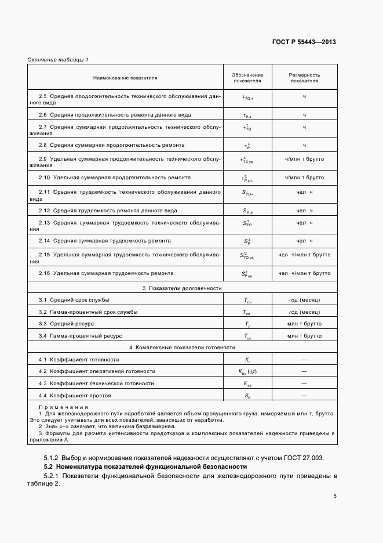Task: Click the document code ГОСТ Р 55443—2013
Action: tap(304, 42)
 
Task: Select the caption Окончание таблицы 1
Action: tap(58, 60)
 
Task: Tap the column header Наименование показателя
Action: tap(125, 77)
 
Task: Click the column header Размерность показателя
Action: tap(304, 78)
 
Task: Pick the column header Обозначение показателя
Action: tap(247, 78)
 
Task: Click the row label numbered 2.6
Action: tap(115, 115)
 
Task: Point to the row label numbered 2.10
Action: tap(114, 177)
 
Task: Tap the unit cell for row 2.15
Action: tap(304, 254)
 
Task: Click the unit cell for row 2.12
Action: tap(304, 210)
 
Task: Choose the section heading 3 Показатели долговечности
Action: tap(182, 288)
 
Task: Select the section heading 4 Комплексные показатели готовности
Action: tap(182, 347)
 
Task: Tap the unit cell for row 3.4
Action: tap(304, 335)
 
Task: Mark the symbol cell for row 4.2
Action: tap(247, 372)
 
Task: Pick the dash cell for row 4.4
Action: tap(304, 396)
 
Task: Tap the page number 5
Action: tap(335, 496)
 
